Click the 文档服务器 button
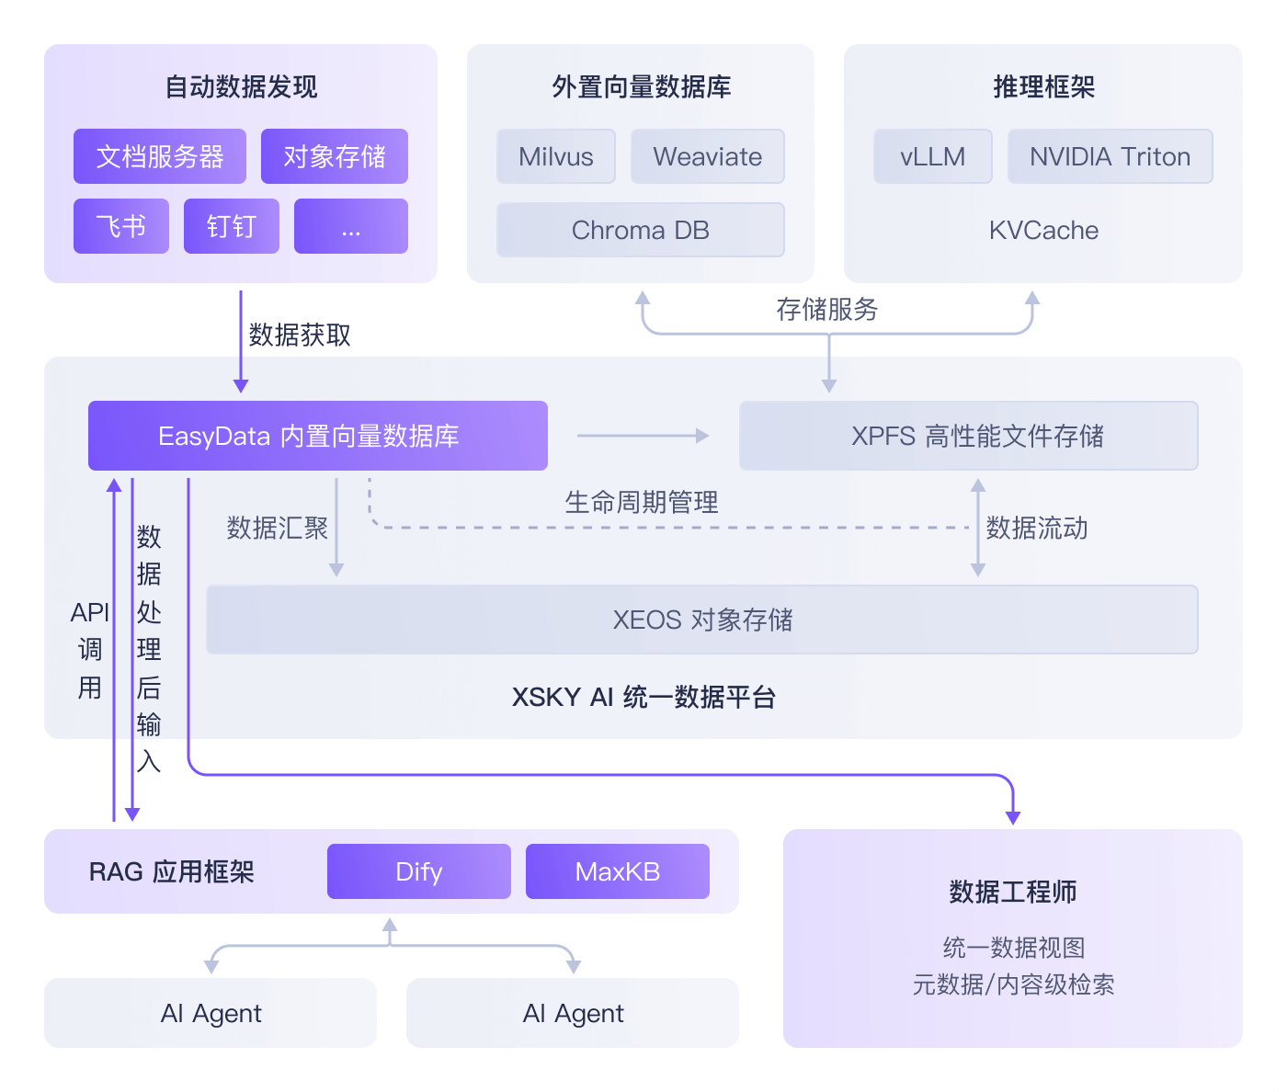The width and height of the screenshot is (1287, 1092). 160,156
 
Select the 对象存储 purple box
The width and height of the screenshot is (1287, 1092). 335,156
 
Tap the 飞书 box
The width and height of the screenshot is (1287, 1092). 121,226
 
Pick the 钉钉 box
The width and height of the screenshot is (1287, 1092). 232,226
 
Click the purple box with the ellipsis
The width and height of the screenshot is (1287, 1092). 351,226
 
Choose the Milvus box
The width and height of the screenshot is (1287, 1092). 556,156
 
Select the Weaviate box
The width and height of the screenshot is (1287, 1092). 708,156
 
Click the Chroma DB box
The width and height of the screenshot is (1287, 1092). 641,230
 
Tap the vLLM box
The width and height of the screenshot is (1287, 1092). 933,156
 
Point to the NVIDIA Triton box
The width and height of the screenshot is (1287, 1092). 1110,156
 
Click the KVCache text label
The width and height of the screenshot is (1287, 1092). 1044,230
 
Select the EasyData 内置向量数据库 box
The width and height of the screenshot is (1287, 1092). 318,436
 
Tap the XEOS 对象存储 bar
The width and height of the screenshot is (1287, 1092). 702,620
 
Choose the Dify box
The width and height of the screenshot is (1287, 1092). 419,871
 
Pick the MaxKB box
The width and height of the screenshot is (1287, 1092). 618,871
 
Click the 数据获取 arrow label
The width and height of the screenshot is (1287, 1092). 300,335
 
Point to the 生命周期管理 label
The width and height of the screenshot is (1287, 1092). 642,502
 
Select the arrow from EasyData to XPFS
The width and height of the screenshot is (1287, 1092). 643,436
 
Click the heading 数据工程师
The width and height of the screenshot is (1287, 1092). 1013,892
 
